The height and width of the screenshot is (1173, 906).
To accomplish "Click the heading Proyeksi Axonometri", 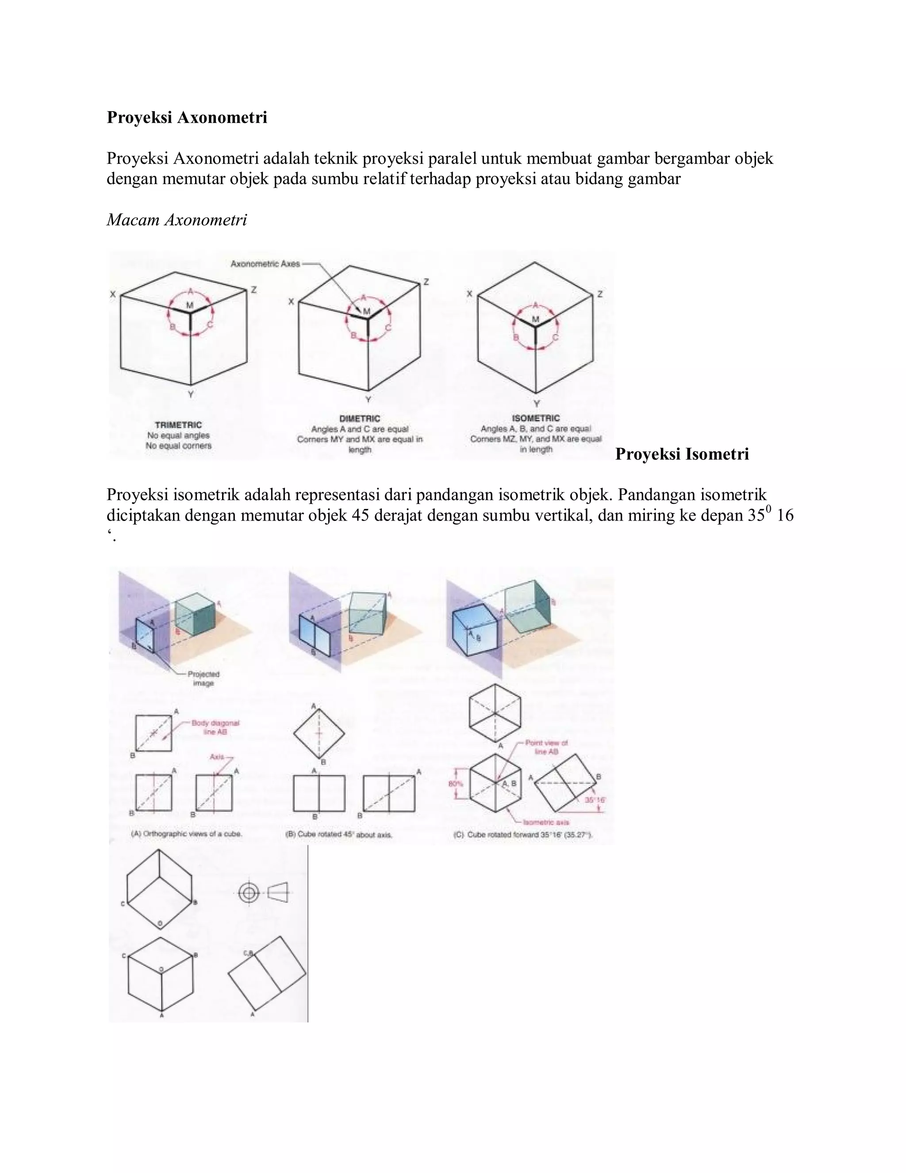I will pos(187,118).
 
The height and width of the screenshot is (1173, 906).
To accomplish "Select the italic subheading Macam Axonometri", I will pos(177,220).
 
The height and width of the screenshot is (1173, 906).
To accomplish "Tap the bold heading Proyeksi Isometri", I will pos(682,455).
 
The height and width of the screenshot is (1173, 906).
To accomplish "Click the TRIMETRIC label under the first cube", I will pos(178,425).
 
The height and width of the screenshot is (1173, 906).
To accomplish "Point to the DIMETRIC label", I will pos(360,418).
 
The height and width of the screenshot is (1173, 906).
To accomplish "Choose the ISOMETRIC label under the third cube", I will pos(536,418).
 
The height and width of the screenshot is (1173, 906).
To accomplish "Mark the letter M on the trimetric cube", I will pos(189,305).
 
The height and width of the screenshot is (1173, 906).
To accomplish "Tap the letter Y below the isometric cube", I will pos(536,403).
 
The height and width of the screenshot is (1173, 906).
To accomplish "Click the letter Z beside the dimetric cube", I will pos(426,282).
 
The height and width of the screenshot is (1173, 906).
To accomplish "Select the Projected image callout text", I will pos(203,678).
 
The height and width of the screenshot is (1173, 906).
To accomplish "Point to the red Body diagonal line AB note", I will pos(215,727).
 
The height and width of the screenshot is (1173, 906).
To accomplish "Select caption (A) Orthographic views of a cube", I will pos(187,834).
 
